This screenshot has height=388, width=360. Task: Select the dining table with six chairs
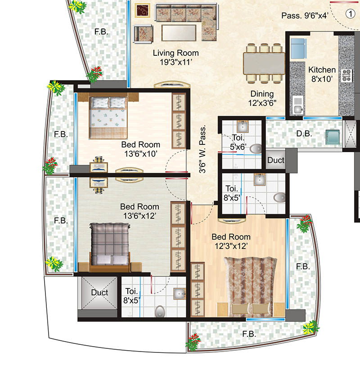tap(264, 63)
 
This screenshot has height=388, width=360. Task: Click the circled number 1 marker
tap(349, 14)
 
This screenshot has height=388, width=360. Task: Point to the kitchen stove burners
tap(346, 75)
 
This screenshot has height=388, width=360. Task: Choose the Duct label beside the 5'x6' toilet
tap(275, 160)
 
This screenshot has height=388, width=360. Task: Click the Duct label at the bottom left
tap(99, 293)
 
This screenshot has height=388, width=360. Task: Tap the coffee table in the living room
tap(179, 32)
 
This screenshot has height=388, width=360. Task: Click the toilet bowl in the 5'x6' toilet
tap(255, 148)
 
